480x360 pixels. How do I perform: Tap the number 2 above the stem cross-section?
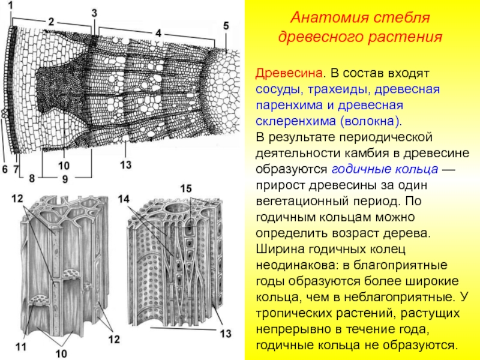coord(52,22)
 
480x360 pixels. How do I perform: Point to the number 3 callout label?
coord(95,12)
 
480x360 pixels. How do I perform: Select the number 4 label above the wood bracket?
coord(158,34)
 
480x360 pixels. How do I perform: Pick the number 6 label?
coord(5,170)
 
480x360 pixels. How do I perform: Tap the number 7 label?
coord(16,170)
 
